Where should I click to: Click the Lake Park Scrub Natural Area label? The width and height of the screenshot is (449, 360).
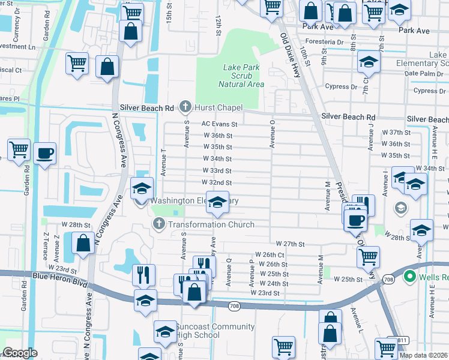[x=241, y=76]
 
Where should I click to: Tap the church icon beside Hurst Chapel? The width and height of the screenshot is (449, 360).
[x=186, y=107]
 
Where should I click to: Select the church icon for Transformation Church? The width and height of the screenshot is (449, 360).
[x=158, y=224]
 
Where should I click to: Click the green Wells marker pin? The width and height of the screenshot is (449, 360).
[x=410, y=277]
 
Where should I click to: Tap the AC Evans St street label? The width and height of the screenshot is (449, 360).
[x=220, y=124]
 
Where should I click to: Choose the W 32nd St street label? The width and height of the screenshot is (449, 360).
[x=217, y=182]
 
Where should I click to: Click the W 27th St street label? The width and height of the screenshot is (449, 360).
[x=291, y=244]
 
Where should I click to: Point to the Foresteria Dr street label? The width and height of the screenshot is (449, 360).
[x=324, y=43]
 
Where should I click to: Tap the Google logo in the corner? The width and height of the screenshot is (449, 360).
[x=20, y=353]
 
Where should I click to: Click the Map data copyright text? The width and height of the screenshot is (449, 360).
[x=424, y=355]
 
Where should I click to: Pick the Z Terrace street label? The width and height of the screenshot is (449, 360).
[x=46, y=245]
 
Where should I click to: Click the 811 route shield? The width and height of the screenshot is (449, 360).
[x=402, y=340]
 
